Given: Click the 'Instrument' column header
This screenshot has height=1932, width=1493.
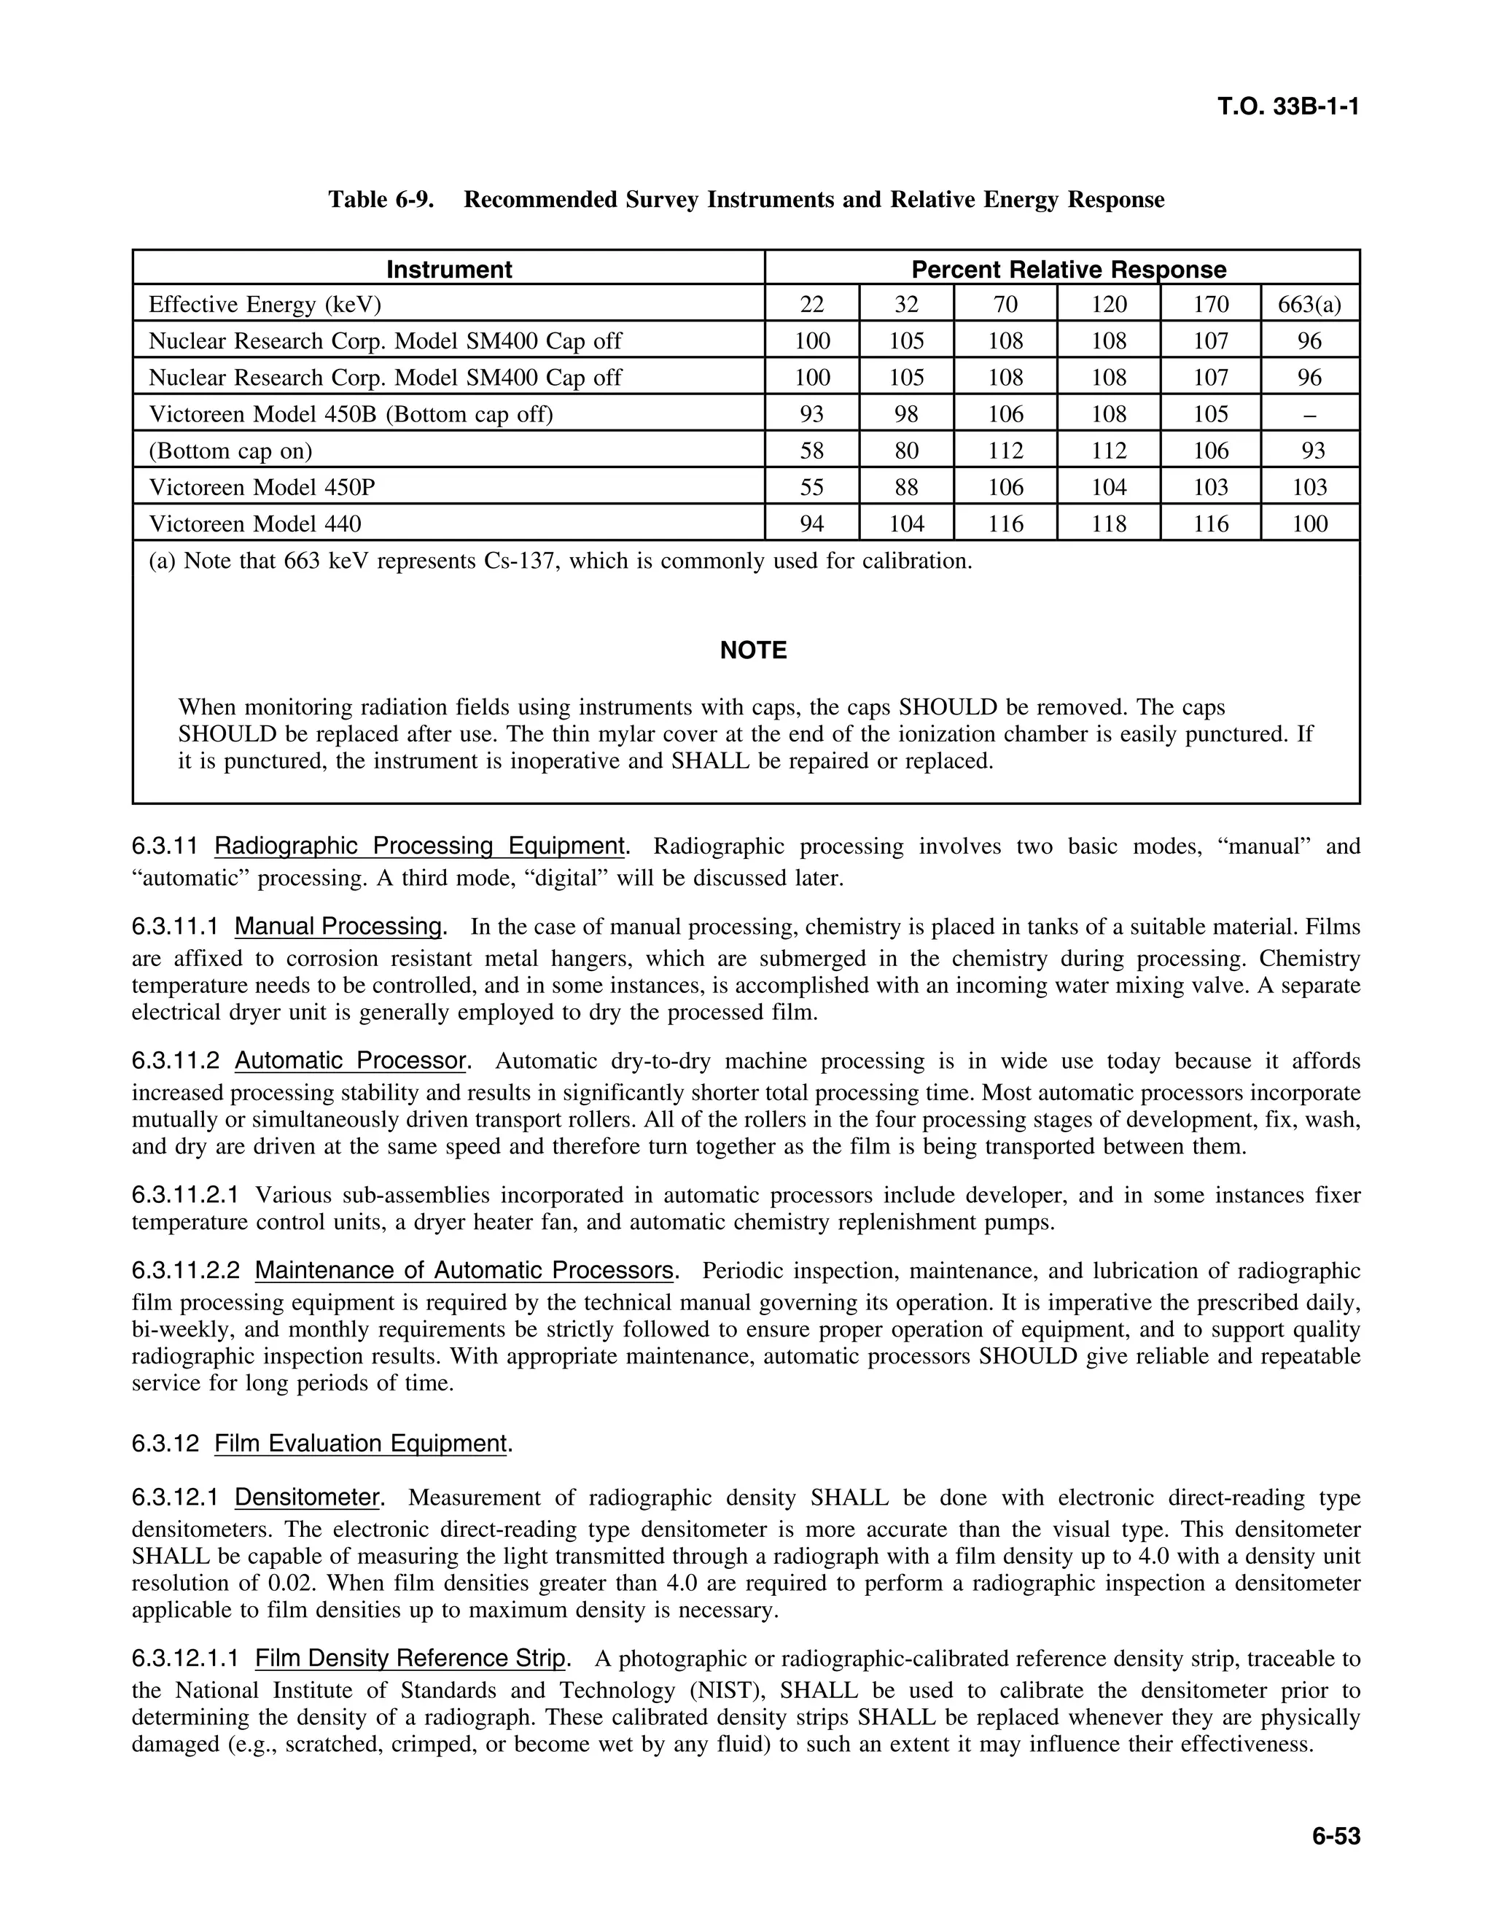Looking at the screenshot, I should click(448, 269).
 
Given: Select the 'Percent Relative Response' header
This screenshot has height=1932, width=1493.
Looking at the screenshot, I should click(1069, 269).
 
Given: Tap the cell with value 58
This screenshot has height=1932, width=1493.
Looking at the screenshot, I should click(811, 451).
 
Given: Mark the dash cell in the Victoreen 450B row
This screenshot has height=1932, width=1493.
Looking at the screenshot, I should click(1309, 415).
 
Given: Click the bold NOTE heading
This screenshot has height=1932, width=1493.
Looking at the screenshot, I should click(752, 651).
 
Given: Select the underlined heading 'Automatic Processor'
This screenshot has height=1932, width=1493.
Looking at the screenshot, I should click(350, 1061).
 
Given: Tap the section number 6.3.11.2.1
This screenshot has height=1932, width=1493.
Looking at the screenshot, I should click(186, 1195).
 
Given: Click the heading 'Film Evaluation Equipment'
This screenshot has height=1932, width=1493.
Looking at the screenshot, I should click(361, 1444).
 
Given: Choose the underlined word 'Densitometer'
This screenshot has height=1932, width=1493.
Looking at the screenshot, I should click(307, 1497).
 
